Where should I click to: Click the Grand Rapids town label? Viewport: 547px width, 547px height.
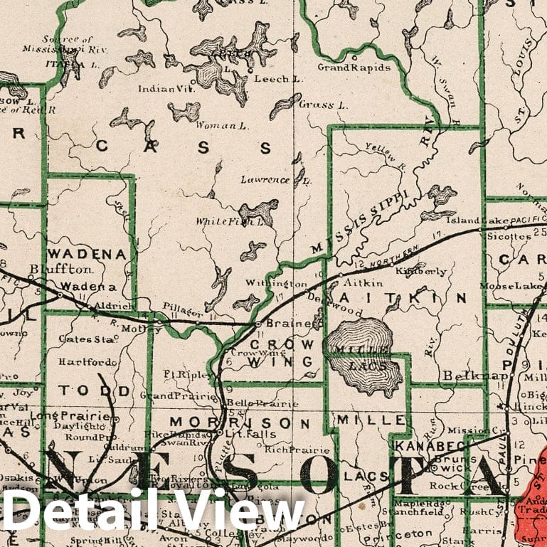coord(354,68)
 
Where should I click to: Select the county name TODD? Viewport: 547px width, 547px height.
coord(95,391)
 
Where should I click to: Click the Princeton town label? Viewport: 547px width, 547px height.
coord(409,533)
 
